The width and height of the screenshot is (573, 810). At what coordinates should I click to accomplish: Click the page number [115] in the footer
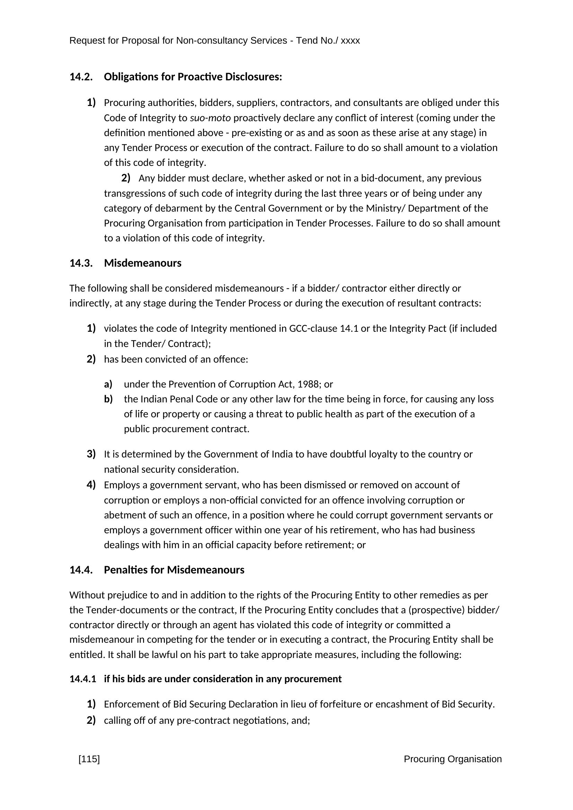tap(89, 759)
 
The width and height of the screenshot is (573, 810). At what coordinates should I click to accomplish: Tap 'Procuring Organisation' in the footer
tap(452, 759)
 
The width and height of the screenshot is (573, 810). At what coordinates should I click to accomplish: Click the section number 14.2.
tap(81, 77)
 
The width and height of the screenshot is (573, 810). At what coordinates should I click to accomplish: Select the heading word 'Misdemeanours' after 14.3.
tap(142, 263)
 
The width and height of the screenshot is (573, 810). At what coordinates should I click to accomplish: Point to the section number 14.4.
tap(81, 570)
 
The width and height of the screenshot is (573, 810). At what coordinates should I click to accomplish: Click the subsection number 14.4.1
tap(82, 679)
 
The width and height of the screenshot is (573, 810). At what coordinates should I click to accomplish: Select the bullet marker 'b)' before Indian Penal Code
tap(108, 399)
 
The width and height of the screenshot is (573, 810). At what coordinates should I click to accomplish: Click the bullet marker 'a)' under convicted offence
tap(108, 384)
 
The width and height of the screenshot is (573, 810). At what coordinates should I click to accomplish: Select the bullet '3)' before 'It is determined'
tap(91, 454)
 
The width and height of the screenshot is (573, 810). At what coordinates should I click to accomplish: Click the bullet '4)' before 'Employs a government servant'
tap(91, 485)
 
